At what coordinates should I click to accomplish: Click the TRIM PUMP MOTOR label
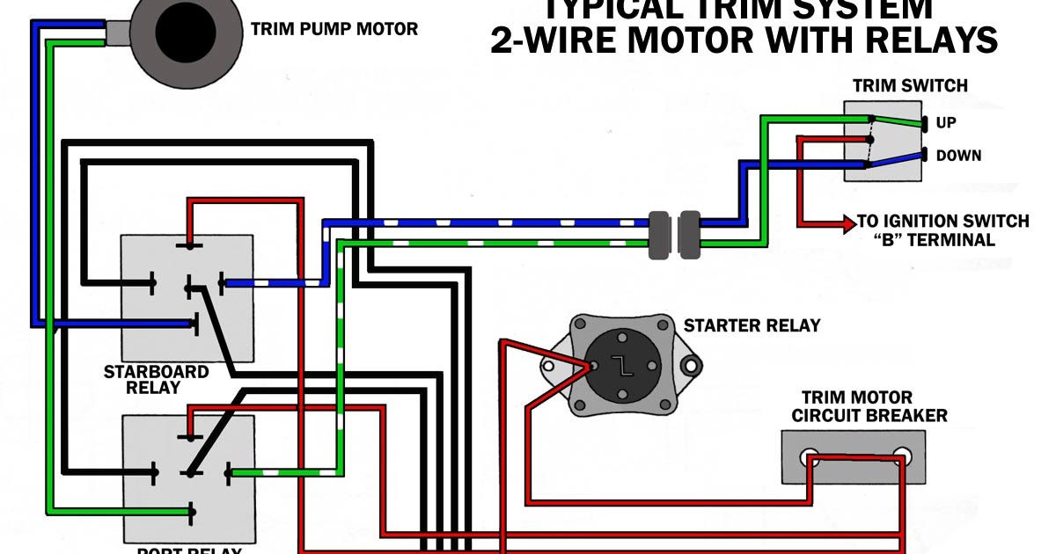click(x=334, y=29)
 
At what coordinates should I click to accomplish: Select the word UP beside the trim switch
click(x=946, y=123)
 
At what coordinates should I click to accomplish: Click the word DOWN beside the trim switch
click(x=958, y=156)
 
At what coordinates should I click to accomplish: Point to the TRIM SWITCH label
click(x=910, y=86)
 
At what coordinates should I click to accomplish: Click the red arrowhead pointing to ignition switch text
click(x=849, y=224)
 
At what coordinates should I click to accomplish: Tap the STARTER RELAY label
click(x=752, y=325)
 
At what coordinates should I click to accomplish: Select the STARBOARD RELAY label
click(x=156, y=379)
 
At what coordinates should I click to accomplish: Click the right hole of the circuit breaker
click(x=901, y=457)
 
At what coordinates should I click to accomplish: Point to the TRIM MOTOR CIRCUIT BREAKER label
click(x=869, y=406)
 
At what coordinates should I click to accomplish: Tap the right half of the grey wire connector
click(x=690, y=235)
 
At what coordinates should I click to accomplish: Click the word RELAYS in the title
click(x=932, y=41)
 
